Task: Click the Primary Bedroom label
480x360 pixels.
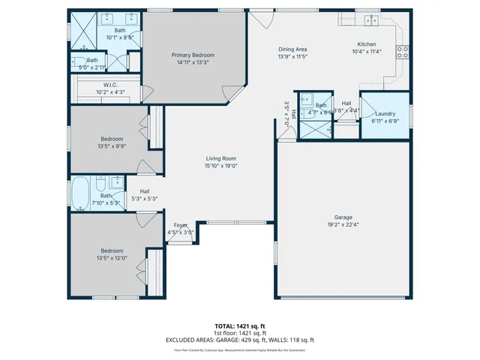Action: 193,55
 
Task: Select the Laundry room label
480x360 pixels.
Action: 385,113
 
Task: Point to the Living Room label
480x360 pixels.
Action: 221,158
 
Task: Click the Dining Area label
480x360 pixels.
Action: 292,49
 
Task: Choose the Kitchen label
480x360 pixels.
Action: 367,44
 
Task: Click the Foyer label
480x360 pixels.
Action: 181,225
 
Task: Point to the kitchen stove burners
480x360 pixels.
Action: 402,52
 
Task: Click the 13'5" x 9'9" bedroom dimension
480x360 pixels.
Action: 112,146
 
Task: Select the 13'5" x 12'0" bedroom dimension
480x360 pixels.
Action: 112,258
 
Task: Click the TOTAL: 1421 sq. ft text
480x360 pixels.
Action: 239,326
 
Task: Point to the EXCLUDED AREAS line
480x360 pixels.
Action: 239,340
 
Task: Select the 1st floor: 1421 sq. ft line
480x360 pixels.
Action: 239,333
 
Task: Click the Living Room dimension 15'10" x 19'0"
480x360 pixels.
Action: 221,166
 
